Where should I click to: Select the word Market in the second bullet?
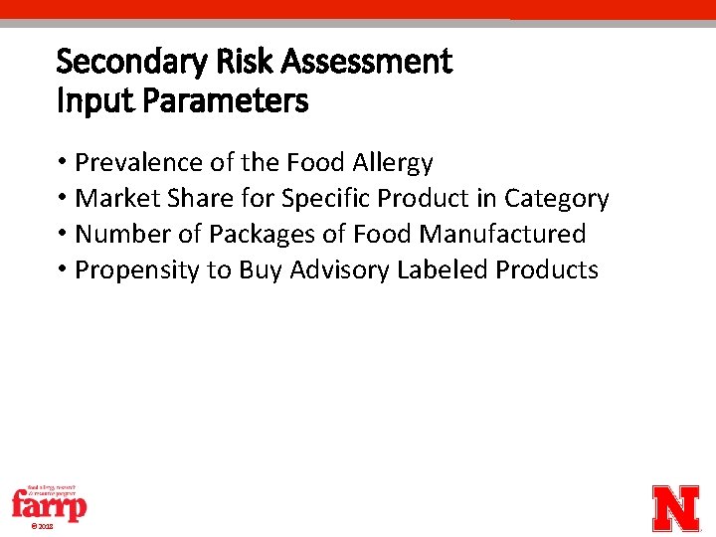(x=111, y=198)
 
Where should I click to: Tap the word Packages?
(x=247, y=235)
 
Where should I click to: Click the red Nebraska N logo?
(x=675, y=508)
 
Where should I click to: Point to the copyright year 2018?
(x=43, y=526)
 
